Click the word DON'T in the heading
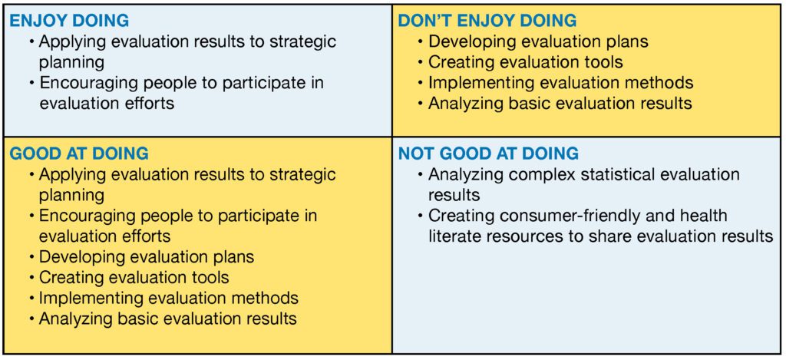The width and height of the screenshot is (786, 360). pyautogui.click(x=422, y=21)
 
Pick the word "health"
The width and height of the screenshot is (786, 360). pyautogui.click(x=702, y=216)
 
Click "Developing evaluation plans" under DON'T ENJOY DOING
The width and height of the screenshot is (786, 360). pyautogui.click(x=538, y=42)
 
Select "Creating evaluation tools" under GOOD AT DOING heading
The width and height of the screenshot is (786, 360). pyautogui.click(x=134, y=277)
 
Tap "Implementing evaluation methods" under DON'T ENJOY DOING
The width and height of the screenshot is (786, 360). pyautogui.click(x=561, y=83)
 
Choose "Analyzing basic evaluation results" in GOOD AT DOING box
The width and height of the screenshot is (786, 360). pyautogui.click(x=167, y=319)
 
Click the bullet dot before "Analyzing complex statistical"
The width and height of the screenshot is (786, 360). pyautogui.click(x=420, y=175)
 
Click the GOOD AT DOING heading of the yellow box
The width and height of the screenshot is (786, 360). pyautogui.click(x=79, y=154)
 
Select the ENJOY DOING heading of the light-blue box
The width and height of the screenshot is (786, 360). pyautogui.click(x=70, y=21)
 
